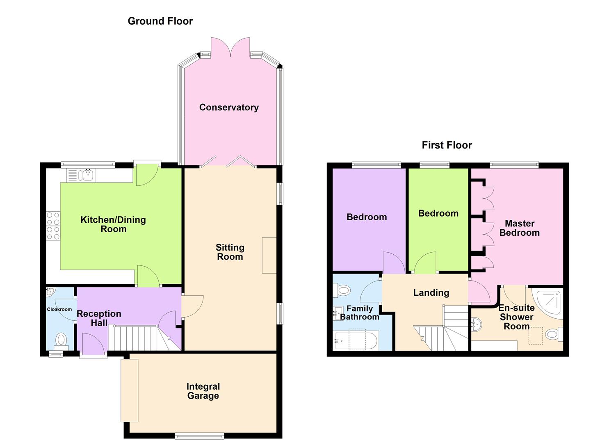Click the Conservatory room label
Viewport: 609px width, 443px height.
(x=229, y=107)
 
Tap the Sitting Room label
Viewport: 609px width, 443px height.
(x=230, y=252)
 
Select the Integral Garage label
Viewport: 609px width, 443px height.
(x=203, y=391)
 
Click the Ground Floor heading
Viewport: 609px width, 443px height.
(x=160, y=21)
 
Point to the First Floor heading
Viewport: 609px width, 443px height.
(x=447, y=145)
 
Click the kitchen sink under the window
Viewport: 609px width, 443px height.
(x=87, y=176)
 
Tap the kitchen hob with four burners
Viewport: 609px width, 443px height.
(x=53, y=225)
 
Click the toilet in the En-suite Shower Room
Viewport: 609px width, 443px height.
(x=554, y=334)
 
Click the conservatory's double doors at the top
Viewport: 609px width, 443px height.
(x=230, y=47)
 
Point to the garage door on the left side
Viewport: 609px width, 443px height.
(x=129, y=390)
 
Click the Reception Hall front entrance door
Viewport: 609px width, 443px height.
(x=93, y=344)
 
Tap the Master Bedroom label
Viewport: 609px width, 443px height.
(x=519, y=228)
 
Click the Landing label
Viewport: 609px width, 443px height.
(x=431, y=293)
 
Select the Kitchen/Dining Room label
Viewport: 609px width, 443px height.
(x=113, y=224)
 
